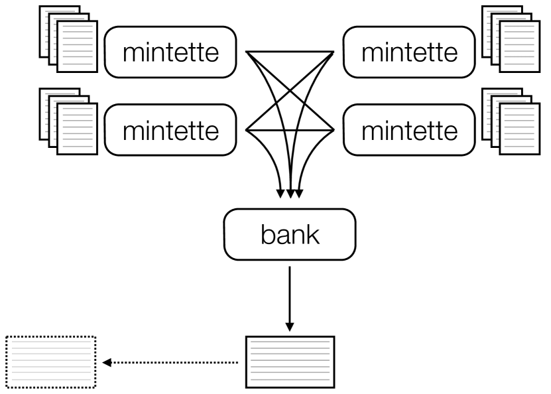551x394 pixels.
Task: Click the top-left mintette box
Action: [171, 52]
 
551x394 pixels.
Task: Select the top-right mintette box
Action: [409, 52]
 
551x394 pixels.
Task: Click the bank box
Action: [289, 236]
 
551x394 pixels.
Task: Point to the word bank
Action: [289, 236]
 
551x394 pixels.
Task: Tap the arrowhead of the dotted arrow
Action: [107, 363]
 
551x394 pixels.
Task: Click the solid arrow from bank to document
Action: [289, 292]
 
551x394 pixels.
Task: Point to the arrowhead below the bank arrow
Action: [289, 326]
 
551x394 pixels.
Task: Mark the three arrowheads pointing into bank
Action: [289, 194]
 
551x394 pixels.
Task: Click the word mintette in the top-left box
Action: [171, 52]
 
